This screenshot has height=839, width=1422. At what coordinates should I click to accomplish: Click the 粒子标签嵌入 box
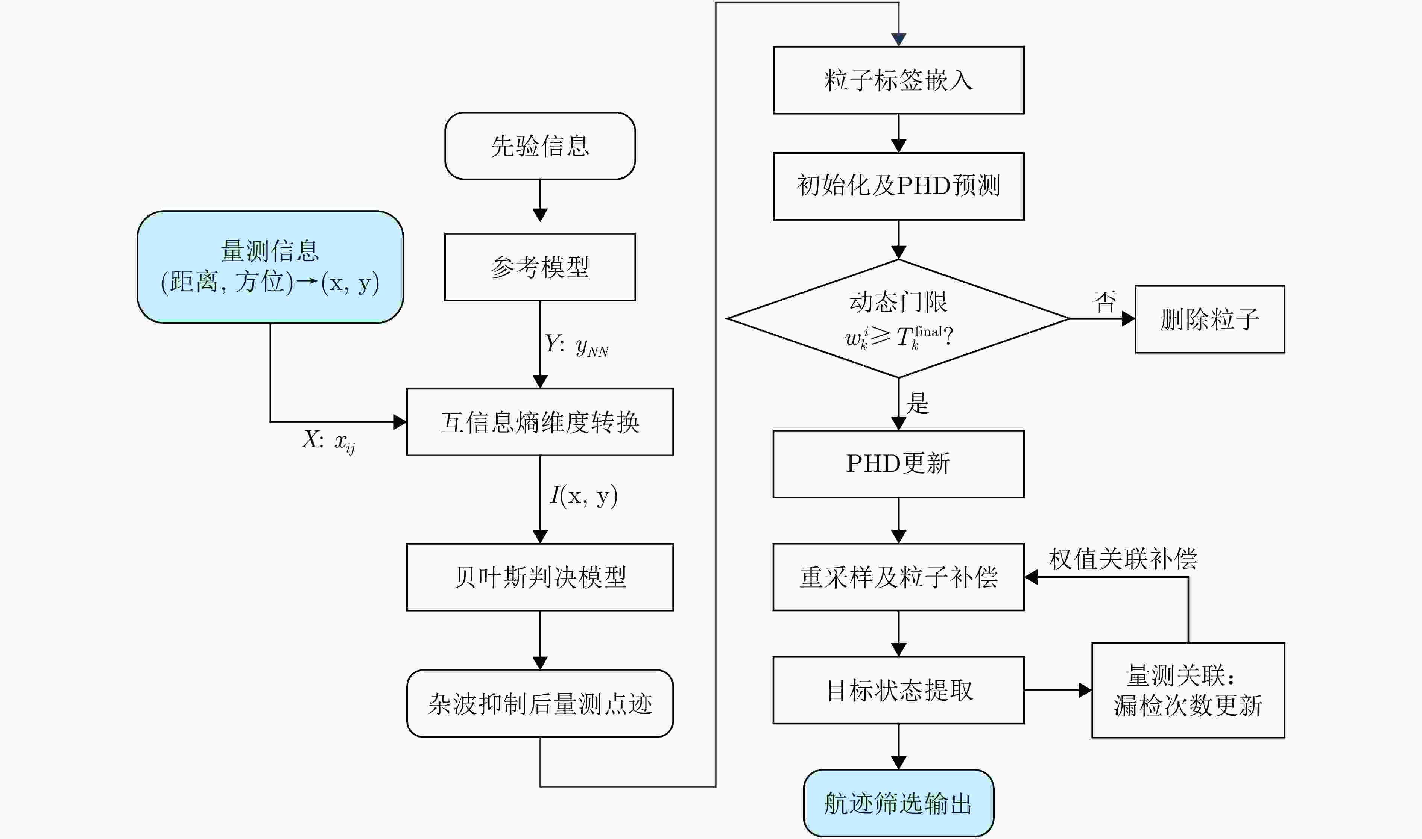pyautogui.click(x=898, y=80)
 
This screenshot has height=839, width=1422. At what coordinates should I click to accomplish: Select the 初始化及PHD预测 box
pyautogui.click(x=898, y=186)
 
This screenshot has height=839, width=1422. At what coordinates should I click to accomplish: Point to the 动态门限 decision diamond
pyautogui.click(x=898, y=318)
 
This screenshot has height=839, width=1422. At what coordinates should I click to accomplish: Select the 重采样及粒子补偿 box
pyautogui.click(x=898, y=577)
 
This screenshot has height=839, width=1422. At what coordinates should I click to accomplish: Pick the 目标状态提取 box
pyautogui.click(x=898, y=690)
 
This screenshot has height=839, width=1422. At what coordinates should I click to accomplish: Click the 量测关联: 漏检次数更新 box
pyautogui.click(x=1188, y=690)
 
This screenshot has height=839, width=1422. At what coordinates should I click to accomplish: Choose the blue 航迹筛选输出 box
pyautogui.click(x=898, y=803)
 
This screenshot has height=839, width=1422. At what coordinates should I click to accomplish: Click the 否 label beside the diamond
pyautogui.click(x=1104, y=302)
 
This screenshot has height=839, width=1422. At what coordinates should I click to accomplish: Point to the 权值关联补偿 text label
pyautogui.click(x=1123, y=559)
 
